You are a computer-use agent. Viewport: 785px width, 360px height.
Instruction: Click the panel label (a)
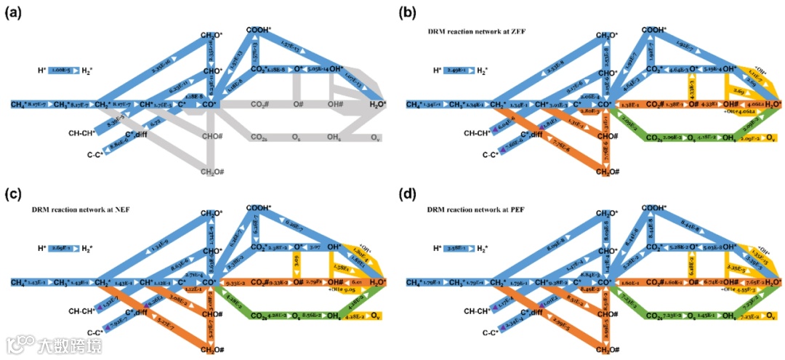point(13,12)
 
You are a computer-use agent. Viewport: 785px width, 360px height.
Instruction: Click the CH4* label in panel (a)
point(20,105)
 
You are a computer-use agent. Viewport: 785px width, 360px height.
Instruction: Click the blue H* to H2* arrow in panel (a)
point(61,71)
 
